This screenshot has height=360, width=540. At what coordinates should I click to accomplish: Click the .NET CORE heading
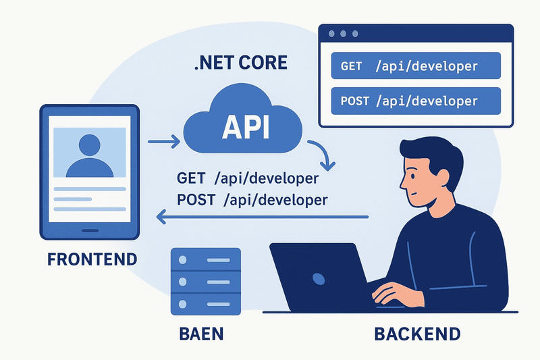(x=240, y=63)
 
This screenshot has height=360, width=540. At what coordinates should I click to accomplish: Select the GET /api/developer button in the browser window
(x=415, y=66)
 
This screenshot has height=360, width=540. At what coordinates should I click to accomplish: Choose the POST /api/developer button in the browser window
(x=415, y=101)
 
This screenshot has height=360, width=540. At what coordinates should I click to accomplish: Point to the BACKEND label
(x=417, y=334)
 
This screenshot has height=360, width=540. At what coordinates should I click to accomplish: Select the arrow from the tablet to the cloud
(x=163, y=141)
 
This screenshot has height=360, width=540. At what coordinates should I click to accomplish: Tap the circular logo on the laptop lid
(x=319, y=278)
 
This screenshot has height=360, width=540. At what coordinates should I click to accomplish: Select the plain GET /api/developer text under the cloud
(x=247, y=180)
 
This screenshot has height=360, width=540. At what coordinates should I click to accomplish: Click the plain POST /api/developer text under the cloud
(x=252, y=200)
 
